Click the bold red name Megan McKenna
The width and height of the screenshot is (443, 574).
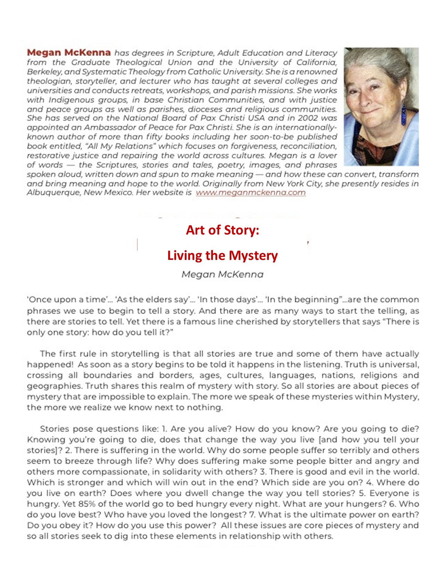(x=69, y=53)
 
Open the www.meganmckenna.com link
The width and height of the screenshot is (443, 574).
(x=251, y=193)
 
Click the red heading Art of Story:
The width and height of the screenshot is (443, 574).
(x=222, y=230)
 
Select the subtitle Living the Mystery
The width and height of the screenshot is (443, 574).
(x=222, y=255)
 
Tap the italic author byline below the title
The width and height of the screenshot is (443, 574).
(x=222, y=274)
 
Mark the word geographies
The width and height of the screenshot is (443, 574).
(x=54, y=386)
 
